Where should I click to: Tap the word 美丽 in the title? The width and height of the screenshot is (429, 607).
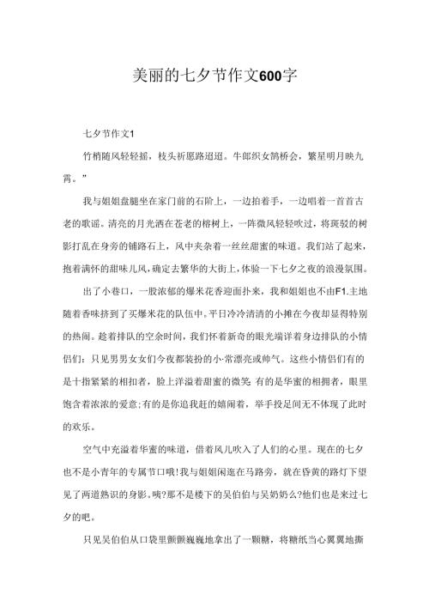(x=151, y=75)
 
